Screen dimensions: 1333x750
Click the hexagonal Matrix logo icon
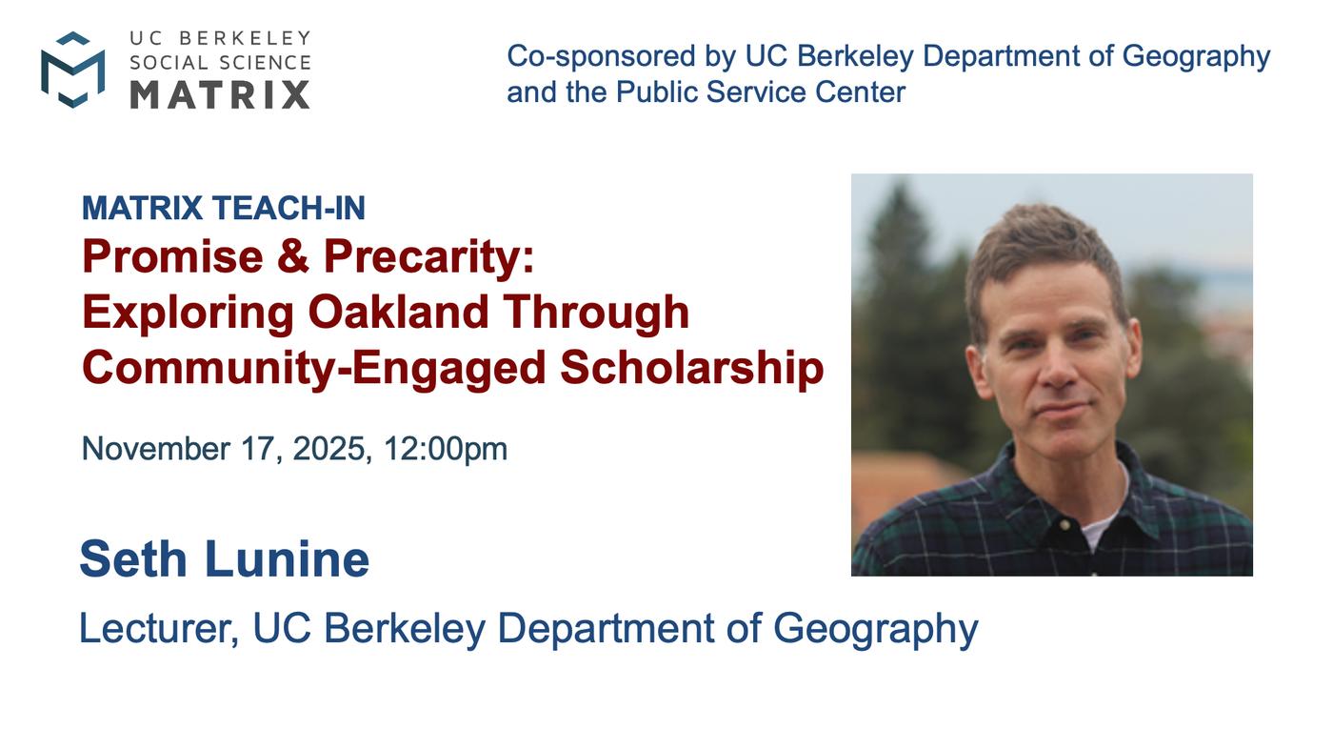[x=72, y=70]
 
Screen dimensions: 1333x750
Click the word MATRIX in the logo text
[x=220, y=94]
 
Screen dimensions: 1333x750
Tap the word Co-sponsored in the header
[x=601, y=56]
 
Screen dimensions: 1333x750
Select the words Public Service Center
[x=761, y=92]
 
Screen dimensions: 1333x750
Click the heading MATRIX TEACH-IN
[x=223, y=208]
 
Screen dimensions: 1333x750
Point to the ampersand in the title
[x=293, y=256]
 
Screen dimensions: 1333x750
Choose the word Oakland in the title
[x=398, y=312]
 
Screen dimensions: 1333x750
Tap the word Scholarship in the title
[x=692, y=368]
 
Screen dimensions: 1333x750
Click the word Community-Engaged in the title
[x=313, y=368]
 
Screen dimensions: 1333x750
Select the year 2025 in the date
[x=328, y=448]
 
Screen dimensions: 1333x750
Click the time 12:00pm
[x=446, y=449]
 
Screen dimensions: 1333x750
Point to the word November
[x=155, y=448]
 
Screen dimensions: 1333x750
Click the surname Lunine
[x=287, y=558]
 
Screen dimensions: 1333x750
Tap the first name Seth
[x=133, y=558]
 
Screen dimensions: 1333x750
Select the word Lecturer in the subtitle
[x=158, y=628]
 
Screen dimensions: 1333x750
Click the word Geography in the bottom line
[x=875, y=629]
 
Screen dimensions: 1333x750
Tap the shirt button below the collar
[x=1065, y=524]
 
